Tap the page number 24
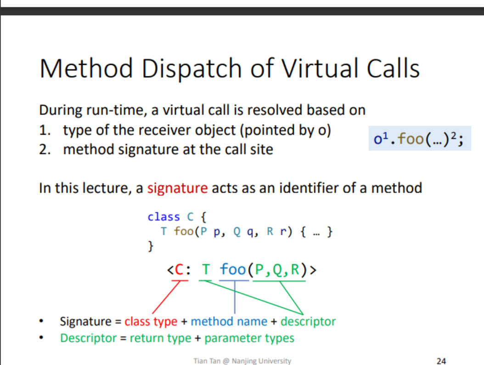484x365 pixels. tap(441, 361)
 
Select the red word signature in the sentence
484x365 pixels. tap(177, 188)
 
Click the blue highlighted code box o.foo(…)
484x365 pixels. tap(420, 138)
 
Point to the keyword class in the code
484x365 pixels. tap(163, 217)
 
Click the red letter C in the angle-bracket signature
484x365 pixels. tap(179, 269)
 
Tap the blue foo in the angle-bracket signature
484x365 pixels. tap(233, 269)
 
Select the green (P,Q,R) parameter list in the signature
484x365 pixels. tap(277, 269)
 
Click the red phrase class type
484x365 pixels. tap(151, 321)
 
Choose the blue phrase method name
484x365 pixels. tap(229, 321)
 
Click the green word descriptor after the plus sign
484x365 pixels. tap(308, 322)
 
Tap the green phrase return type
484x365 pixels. tap(161, 338)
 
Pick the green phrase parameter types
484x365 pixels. tap(249, 338)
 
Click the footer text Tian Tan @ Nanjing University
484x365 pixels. tap(242, 361)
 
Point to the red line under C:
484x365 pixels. tap(180, 280)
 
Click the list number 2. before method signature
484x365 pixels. tap(45, 149)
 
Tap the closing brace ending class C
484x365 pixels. tap(151, 246)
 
